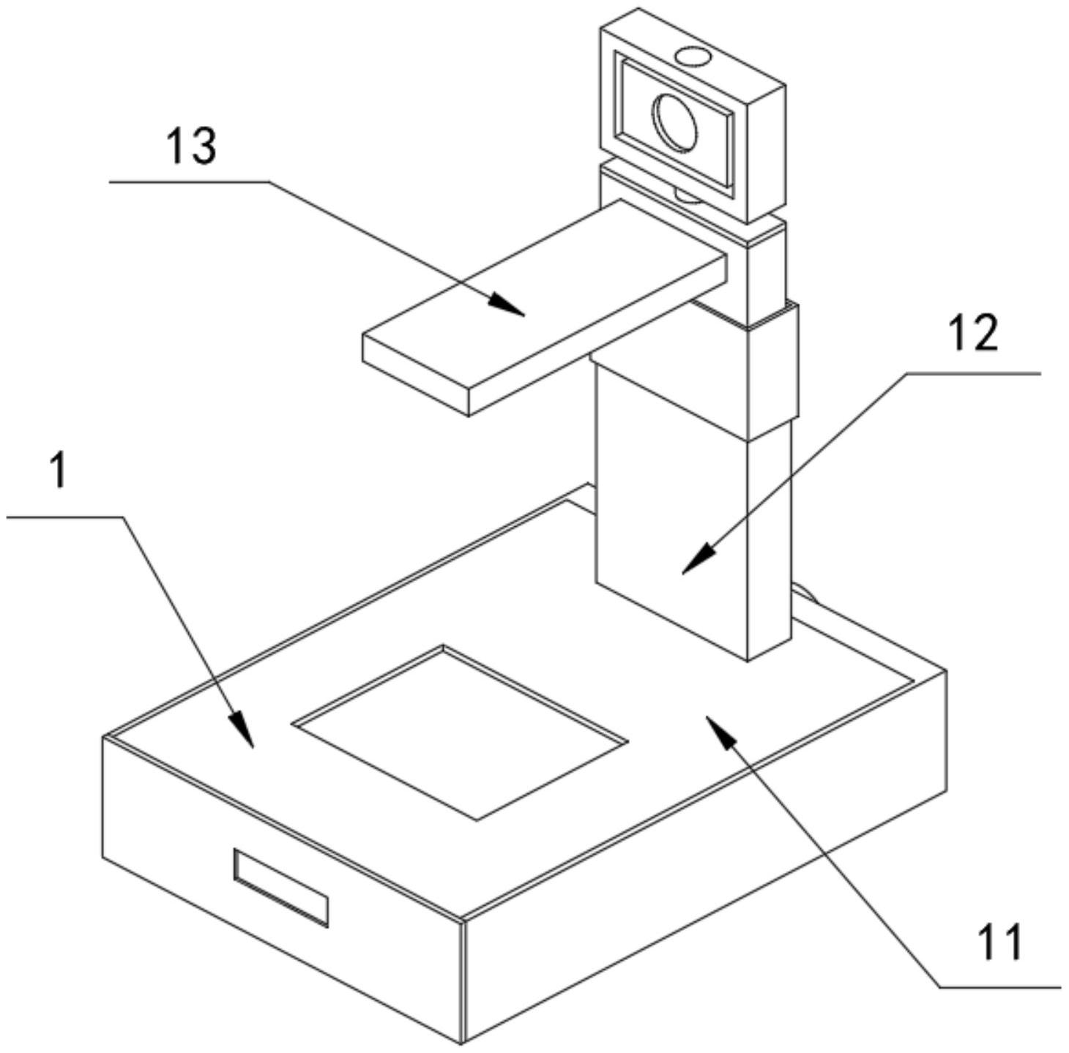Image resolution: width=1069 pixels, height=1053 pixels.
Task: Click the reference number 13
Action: pyautogui.click(x=191, y=146)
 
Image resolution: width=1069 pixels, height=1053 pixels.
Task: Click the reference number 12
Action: pyautogui.click(x=973, y=334)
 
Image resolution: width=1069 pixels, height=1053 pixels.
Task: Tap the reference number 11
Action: pyautogui.click(x=1000, y=941)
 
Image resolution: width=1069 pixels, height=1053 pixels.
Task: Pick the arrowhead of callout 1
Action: pyautogui.click(x=244, y=732)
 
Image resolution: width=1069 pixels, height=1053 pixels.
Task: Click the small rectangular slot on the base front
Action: pyautogui.click(x=280, y=887)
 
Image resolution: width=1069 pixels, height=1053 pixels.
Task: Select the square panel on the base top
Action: pyautogui.click(x=460, y=732)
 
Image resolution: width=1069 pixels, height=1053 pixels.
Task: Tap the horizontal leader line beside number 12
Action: pyautogui.click(x=974, y=374)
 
